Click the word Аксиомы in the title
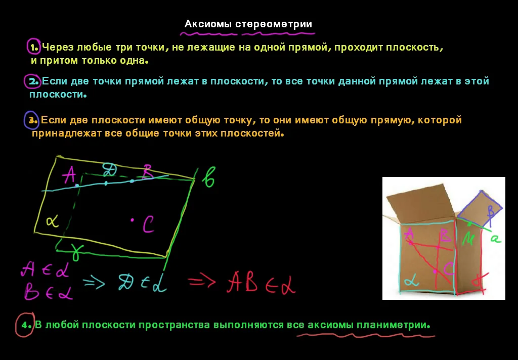click(206, 24)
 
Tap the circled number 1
click(34, 48)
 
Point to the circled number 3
click(32, 120)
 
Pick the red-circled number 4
click(24, 325)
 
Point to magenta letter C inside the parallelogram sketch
click(148, 223)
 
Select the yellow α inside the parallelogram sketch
click(51, 220)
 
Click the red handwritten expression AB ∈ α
click(261, 283)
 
